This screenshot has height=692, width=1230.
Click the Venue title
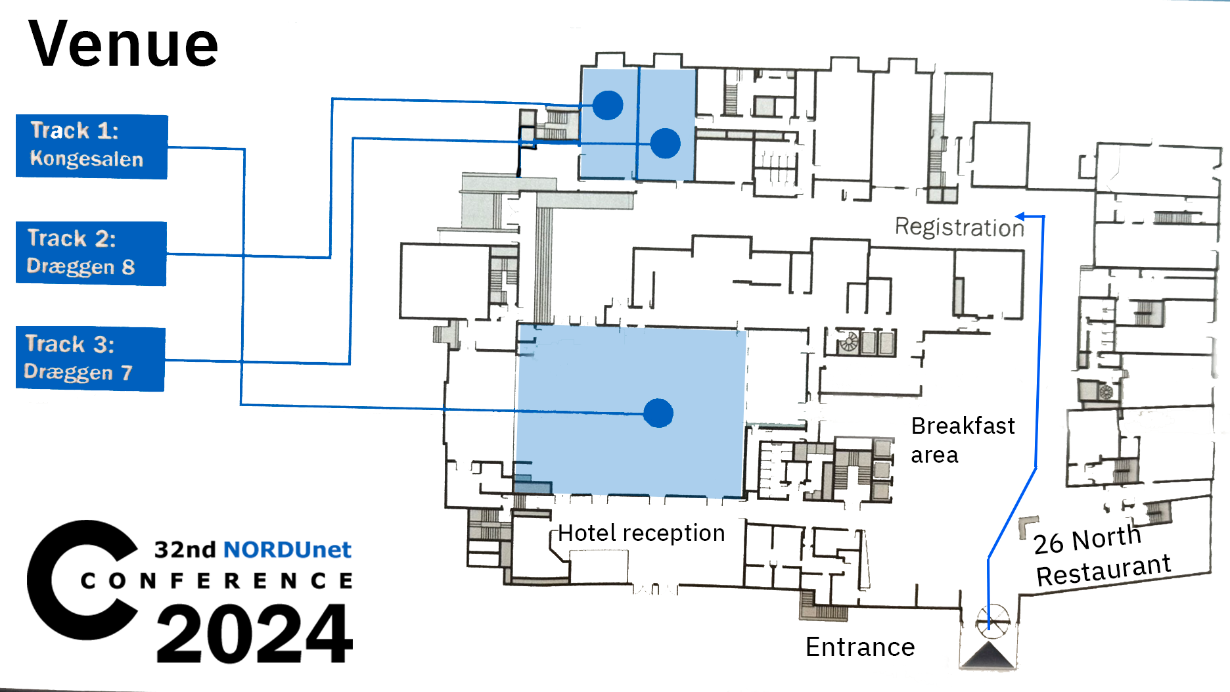tap(123, 45)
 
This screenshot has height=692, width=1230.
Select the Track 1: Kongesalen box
tap(91, 146)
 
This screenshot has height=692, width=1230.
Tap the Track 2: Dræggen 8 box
tap(91, 253)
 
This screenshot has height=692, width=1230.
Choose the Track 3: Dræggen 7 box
tap(90, 358)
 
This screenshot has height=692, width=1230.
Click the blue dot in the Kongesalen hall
tap(658, 413)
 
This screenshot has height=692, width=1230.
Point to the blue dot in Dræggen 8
tap(608, 104)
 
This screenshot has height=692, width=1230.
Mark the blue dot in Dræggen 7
tap(665, 143)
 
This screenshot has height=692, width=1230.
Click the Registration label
tap(959, 227)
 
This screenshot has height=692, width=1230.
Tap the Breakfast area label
tap(963, 440)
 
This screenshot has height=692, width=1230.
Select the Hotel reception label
tap(641, 533)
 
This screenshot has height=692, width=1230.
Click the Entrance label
tap(860, 647)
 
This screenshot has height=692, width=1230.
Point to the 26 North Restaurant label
tap(1101, 555)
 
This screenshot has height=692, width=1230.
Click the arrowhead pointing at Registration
tap(1020, 216)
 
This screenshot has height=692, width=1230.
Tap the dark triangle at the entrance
tap(988, 655)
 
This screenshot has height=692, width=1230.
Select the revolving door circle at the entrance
tap(991, 620)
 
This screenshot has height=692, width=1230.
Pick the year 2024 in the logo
tap(254, 634)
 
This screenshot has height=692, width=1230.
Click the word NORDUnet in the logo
tap(287, 549)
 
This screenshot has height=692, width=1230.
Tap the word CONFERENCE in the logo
tap(217, 581)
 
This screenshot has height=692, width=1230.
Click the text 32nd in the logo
tap(185, 549)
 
